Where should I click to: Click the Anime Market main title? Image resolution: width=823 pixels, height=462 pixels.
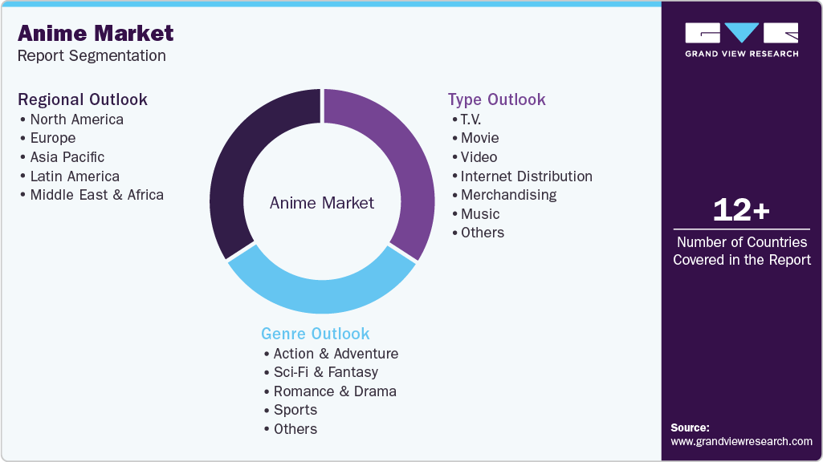point(96,34)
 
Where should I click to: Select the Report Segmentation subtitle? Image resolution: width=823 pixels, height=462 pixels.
point(92,56)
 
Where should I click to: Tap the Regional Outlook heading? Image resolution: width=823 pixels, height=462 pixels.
point(83,99)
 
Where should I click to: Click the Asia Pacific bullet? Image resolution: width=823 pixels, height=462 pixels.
point(67,157)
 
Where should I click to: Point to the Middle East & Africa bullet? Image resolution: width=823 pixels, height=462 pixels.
point(96,195)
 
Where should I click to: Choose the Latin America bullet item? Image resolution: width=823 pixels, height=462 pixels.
point(75,176)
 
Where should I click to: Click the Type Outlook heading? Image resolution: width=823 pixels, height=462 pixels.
point(496,99)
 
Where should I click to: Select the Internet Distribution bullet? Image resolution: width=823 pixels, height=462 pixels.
point(526,176)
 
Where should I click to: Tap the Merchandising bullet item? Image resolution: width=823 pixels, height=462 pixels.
point(508,195)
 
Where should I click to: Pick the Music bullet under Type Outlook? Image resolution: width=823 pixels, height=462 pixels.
point(480,214)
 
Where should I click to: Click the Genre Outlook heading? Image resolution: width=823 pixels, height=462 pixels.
point(316,334)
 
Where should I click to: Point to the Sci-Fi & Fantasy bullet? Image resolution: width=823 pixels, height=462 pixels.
point(325,372)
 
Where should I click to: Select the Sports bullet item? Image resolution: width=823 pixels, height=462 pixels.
point(295,410)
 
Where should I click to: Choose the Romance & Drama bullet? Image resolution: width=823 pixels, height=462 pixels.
point(335,391)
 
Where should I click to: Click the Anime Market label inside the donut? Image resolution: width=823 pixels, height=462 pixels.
point(322,203)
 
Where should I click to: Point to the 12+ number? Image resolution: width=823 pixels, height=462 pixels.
point(741,211)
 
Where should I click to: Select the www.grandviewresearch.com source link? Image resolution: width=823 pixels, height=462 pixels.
point(741,441)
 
